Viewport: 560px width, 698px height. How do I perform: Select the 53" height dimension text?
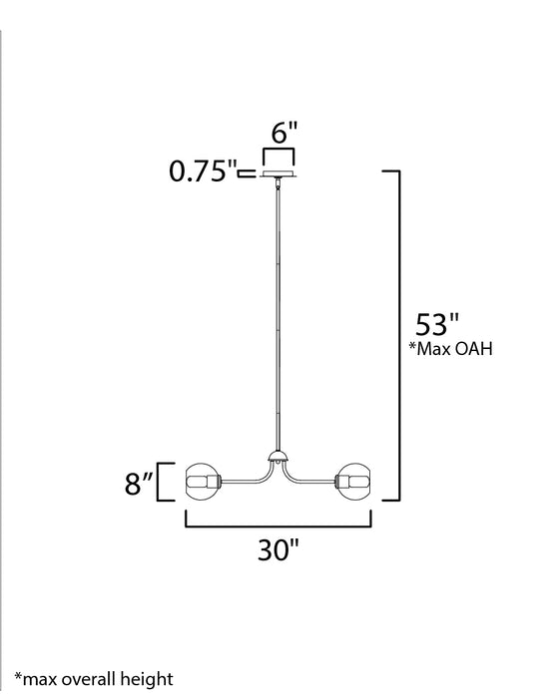[x=438, y=327]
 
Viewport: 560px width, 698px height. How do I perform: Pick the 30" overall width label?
[x=279, y=549]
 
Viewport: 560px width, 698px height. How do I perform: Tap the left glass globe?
[x=204, y=482]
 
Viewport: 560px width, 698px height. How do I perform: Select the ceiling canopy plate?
[x=278, y=174]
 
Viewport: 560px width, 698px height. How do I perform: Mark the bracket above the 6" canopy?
[x=278, y=155]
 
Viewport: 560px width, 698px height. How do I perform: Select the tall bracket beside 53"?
[x=398, y=334]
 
